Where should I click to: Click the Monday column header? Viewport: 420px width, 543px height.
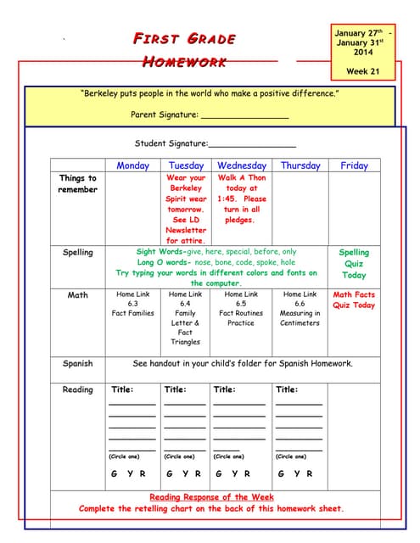(x=132, y=165)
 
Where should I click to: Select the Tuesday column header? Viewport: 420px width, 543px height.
(x=186, y=165)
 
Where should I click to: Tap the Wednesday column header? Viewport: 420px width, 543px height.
(x=242, y=165)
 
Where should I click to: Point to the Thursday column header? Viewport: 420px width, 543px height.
(x=300, y=165)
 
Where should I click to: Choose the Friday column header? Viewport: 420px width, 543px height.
(x=354, y=165)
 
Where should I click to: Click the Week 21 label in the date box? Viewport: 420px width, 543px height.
(x=363, y=71)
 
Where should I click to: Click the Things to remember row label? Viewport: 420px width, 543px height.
(x=78, y=184)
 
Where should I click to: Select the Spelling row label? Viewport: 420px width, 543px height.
(x=78, y=252)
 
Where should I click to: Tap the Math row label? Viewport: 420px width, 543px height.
(x=78, y=295)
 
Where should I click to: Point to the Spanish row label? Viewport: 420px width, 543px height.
(x=78, y=364)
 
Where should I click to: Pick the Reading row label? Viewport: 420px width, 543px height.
(x=78, y=390)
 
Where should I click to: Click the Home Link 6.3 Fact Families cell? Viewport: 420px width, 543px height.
(x=132, y=304)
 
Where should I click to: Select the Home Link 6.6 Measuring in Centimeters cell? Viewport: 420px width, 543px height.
(x=300, y=308)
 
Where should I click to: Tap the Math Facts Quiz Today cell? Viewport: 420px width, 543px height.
(x=354, y=300)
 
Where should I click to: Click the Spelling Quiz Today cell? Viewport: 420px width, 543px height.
(x=354, y=263)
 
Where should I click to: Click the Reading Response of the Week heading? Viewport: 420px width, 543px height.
(x=211, y=497)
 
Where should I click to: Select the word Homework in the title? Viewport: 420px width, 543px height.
(x=183, y=61)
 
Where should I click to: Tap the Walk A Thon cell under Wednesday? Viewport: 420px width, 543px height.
(x=242, y=199)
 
